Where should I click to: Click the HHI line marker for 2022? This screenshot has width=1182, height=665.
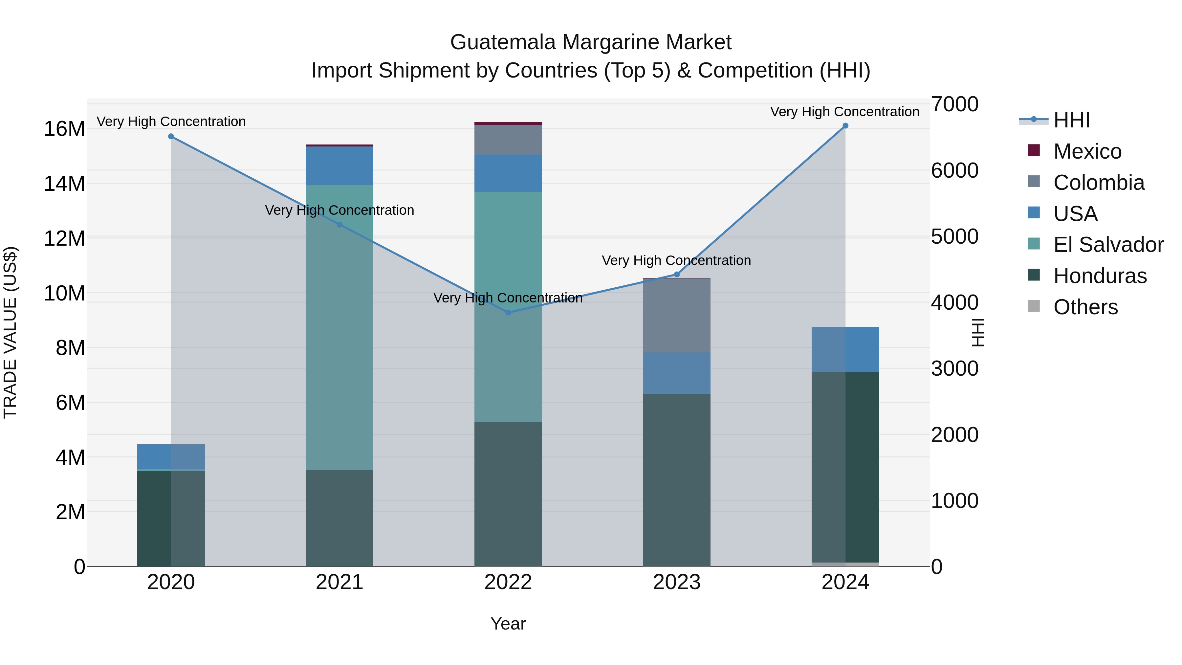coord(508,313)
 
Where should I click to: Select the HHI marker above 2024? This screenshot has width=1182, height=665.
coord(845,126)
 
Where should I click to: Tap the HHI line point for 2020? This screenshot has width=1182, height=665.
coord(171,136)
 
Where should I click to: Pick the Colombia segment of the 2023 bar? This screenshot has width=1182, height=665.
coord(677,316)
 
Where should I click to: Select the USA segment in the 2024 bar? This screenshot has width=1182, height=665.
coord(845,349)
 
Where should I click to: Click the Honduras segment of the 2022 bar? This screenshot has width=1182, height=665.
coord(508,494)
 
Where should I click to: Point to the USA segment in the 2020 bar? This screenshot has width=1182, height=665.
coord(171,457)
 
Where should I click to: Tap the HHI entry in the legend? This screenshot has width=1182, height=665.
coord(1071,120)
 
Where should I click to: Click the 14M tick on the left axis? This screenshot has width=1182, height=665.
coord(64,184)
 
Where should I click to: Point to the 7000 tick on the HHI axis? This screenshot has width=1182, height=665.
coord(954,104)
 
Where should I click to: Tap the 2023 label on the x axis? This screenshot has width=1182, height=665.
coord(677,582)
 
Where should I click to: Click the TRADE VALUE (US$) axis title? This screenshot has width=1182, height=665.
coord(10,332)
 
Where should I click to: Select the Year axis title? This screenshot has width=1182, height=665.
coord(508,624)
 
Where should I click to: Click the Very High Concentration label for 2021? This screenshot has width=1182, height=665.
coord(339,210)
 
